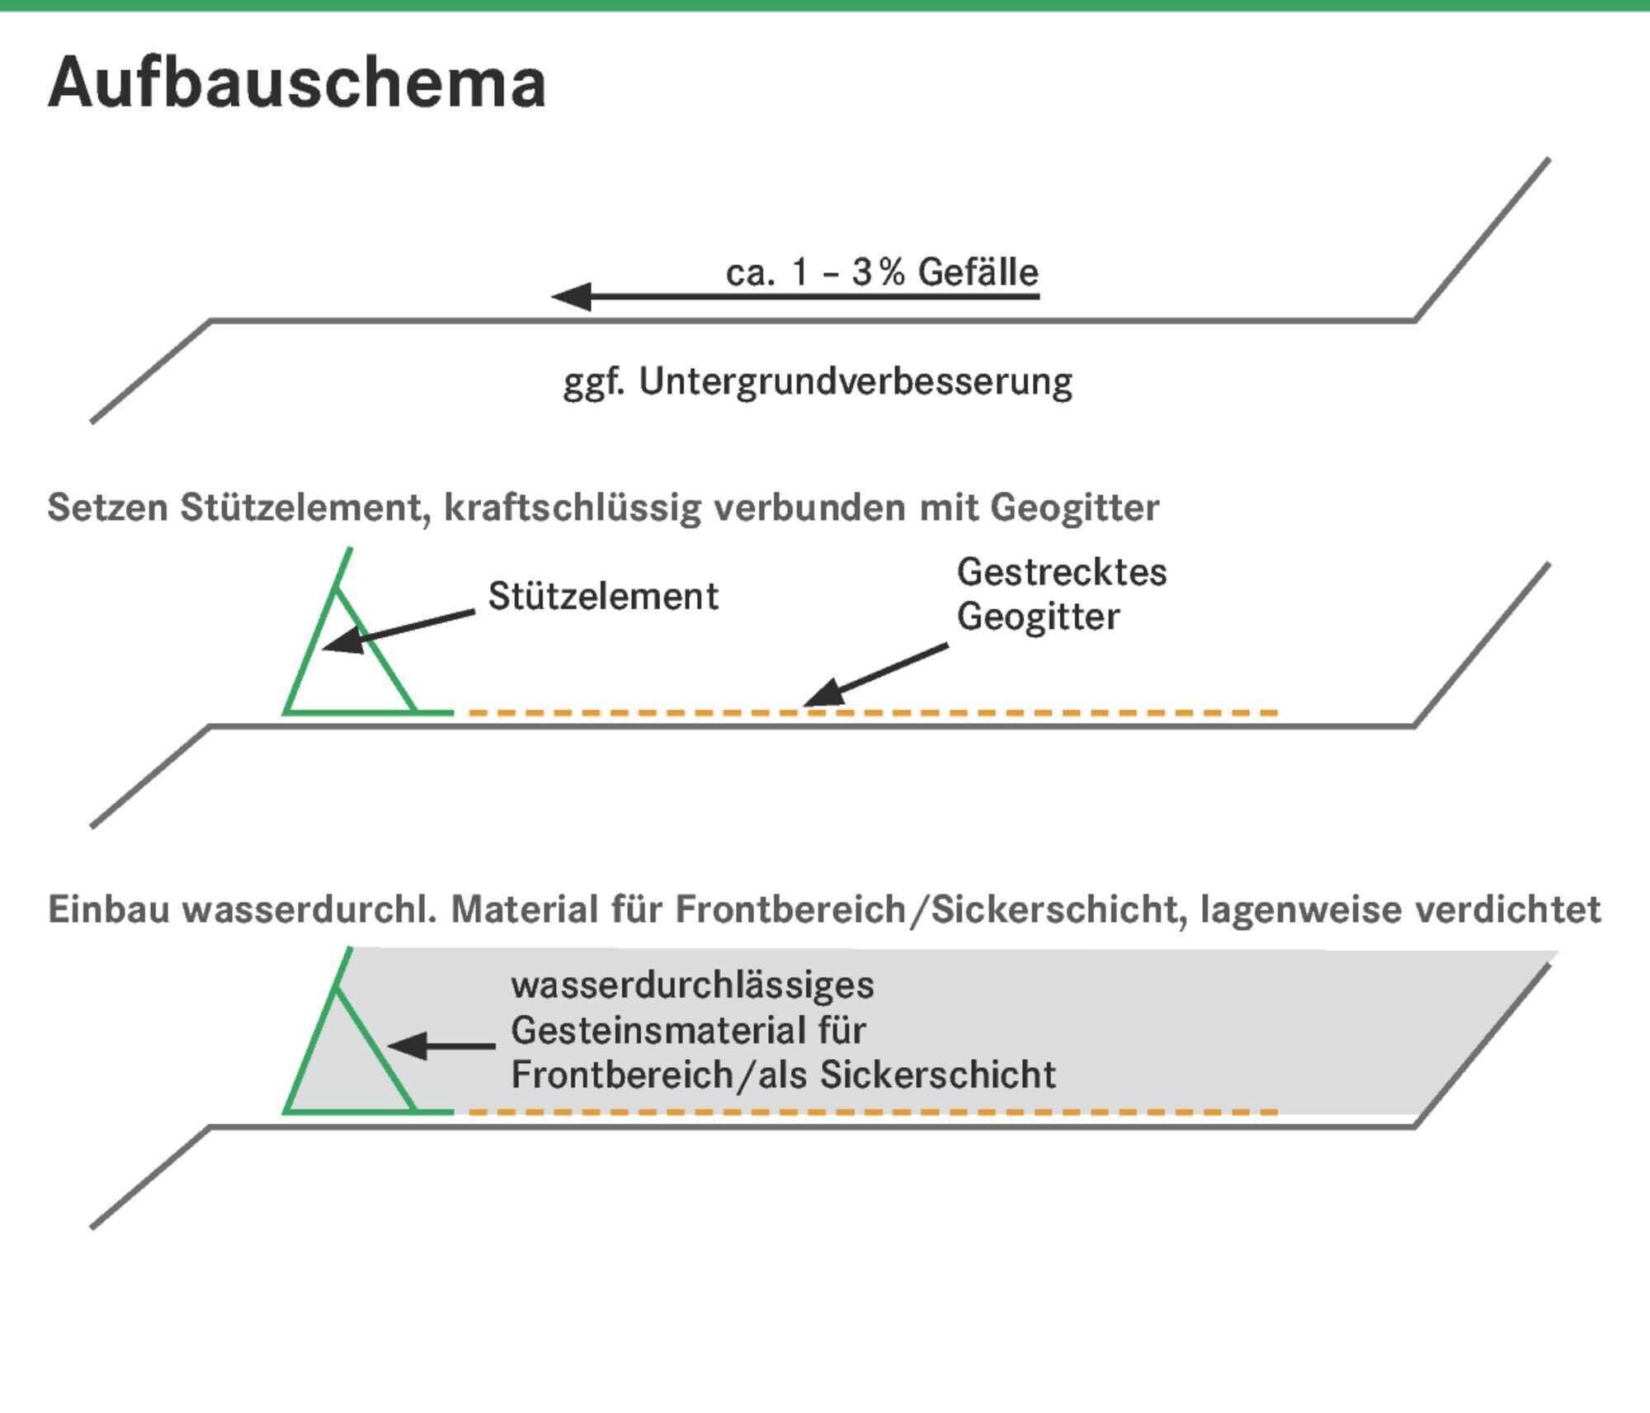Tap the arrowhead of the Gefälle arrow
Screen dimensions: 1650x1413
pyautogui.click(x=571, y=296)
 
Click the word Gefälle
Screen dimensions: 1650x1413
pyautogui.click(x=978, y=272)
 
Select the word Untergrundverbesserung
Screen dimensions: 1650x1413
pyautogui.click(x=856, y=382)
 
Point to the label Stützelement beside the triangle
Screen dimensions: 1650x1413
pyautogui.click(x=603, y=596)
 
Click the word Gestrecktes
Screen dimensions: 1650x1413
pyautogui.click(x=1062, y=572)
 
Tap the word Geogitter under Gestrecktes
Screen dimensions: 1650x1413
pyautogui.click(x=1038, y=617)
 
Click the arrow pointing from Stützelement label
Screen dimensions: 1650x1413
pyautogui.click(x=398, y=631)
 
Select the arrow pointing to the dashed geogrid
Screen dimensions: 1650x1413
pyautogui.click(x=876, y=676)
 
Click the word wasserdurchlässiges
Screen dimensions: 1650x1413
pyautogui.click(x=692, y=985)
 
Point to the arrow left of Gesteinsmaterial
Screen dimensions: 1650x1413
pyautogui.click(x=441, y=1046)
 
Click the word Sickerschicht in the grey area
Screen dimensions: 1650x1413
pyautogui.click(x=938, y=1075)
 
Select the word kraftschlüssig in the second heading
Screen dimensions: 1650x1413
pyautogui.click(x=573, y=507)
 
